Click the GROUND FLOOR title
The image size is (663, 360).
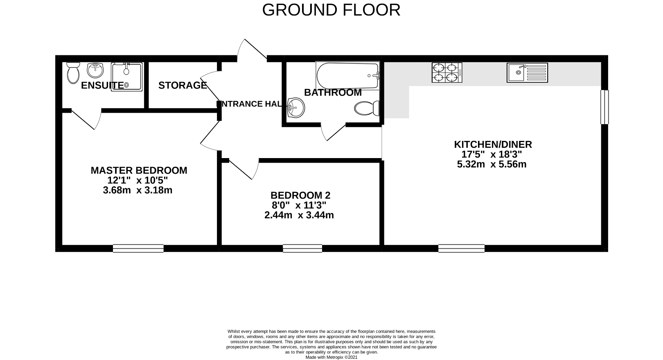[331, 10]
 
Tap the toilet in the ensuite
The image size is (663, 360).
[73, 72]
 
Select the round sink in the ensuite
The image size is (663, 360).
[95, 70]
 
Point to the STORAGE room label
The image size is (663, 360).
[183, 85]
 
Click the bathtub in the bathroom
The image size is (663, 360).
[347, 75]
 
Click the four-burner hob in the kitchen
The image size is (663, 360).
[447, 72]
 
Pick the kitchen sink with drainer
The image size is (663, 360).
[527, 72]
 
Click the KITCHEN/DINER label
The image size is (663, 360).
[493, 144]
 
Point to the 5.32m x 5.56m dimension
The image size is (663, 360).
[492, 164]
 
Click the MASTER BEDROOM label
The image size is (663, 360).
[139, 170]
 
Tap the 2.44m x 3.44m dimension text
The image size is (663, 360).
[299, 215]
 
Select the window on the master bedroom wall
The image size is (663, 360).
[138, 248]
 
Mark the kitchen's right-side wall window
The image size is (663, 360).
[604, 106]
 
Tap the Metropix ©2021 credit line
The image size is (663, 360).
[331, 357]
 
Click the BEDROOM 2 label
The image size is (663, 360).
[300, 195]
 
